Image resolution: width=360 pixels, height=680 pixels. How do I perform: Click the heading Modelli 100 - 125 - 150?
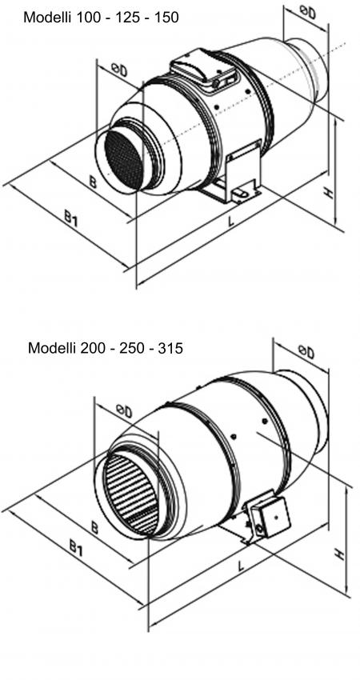tap(101, 18)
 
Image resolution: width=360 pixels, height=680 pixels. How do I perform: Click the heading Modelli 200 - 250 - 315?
tap(105, 348)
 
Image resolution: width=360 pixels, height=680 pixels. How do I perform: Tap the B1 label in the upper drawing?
tap(70, 218)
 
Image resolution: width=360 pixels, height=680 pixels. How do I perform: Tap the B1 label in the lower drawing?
tap(76, 549)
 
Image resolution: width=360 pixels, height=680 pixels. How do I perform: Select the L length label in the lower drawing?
tap(241, 565)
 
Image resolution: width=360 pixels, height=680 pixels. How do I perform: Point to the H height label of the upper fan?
tap(330, 192)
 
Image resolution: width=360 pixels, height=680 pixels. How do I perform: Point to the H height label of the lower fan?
tap(340, 554)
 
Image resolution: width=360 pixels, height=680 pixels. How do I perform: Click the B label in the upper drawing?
tap(92, 182)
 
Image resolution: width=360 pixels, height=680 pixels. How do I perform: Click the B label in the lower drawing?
tap(94, 527)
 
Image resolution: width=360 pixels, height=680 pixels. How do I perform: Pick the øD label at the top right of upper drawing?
tap(307, 13)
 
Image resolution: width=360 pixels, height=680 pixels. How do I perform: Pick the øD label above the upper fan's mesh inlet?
tap(119, 70)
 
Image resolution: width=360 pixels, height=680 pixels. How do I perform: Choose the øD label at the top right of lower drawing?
tap(306, 352)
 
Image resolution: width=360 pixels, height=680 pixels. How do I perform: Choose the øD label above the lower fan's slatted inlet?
tap(124, 410)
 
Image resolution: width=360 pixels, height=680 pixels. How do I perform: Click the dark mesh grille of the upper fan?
tap(124, 159)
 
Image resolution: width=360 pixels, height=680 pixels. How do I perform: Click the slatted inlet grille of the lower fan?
tap(130, 495)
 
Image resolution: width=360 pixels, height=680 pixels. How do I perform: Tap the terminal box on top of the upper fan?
tap(204, 70)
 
